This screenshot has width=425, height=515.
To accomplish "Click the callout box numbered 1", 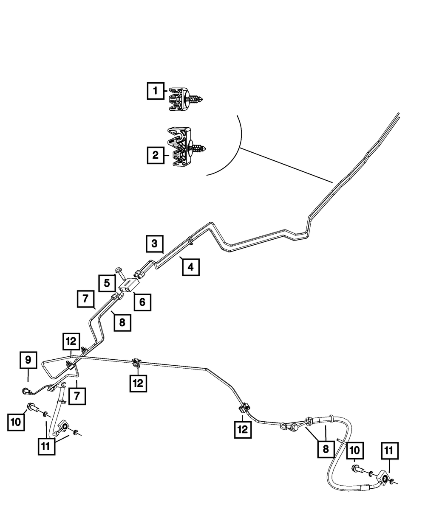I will pos(156,90).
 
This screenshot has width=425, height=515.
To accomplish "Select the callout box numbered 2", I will pos(156,155).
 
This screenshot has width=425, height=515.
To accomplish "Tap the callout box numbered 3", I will pos(154,244).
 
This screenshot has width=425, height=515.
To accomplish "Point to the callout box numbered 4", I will pos(191,267).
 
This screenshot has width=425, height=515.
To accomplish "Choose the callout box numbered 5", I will pos(107,283).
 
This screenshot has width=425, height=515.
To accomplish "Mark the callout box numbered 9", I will pos(28,361).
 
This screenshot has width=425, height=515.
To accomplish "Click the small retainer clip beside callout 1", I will pos(186,100).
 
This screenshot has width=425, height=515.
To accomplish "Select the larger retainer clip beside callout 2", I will pos(186,147).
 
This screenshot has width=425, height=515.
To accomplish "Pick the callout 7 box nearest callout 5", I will pos(85,299).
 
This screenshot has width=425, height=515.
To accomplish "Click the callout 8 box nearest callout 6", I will pos(122,322).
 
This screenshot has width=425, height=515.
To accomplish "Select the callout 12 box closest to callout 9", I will pos(71,341).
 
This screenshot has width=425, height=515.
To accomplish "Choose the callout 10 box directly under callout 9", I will pos(16,422).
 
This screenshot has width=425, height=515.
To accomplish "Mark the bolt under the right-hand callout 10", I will pos(357,469).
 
